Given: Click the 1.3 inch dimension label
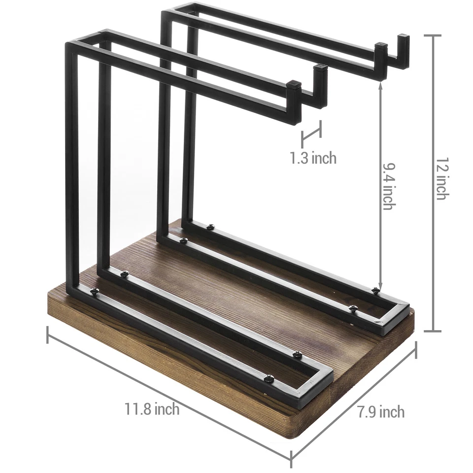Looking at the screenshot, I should point(313,158).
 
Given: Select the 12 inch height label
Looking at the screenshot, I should point(441,182).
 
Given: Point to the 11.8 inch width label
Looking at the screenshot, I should point(152,408).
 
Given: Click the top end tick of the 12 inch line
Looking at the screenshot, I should point(433,35).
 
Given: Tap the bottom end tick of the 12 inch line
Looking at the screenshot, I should point(433,331).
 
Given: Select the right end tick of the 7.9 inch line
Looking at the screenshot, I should point(416,352).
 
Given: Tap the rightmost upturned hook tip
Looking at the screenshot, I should point(404,37).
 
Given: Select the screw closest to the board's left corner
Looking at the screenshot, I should point(94,291).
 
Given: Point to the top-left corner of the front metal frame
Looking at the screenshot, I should point(69,45).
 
